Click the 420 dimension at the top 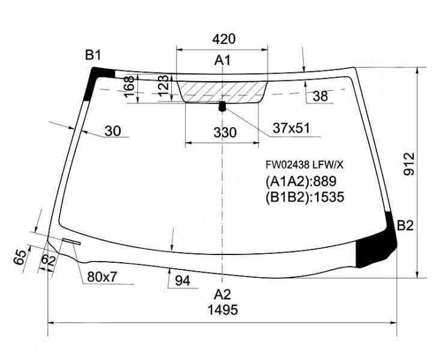point(223,39)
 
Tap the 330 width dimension point(225,133)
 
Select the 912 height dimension point(409,164)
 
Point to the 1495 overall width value point(223,310)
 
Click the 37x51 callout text point(291,128)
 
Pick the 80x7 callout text point(102,277)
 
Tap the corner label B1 point(93,55)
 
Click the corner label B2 point(405,226)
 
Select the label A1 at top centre point(223,61)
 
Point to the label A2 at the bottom point(222,295)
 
